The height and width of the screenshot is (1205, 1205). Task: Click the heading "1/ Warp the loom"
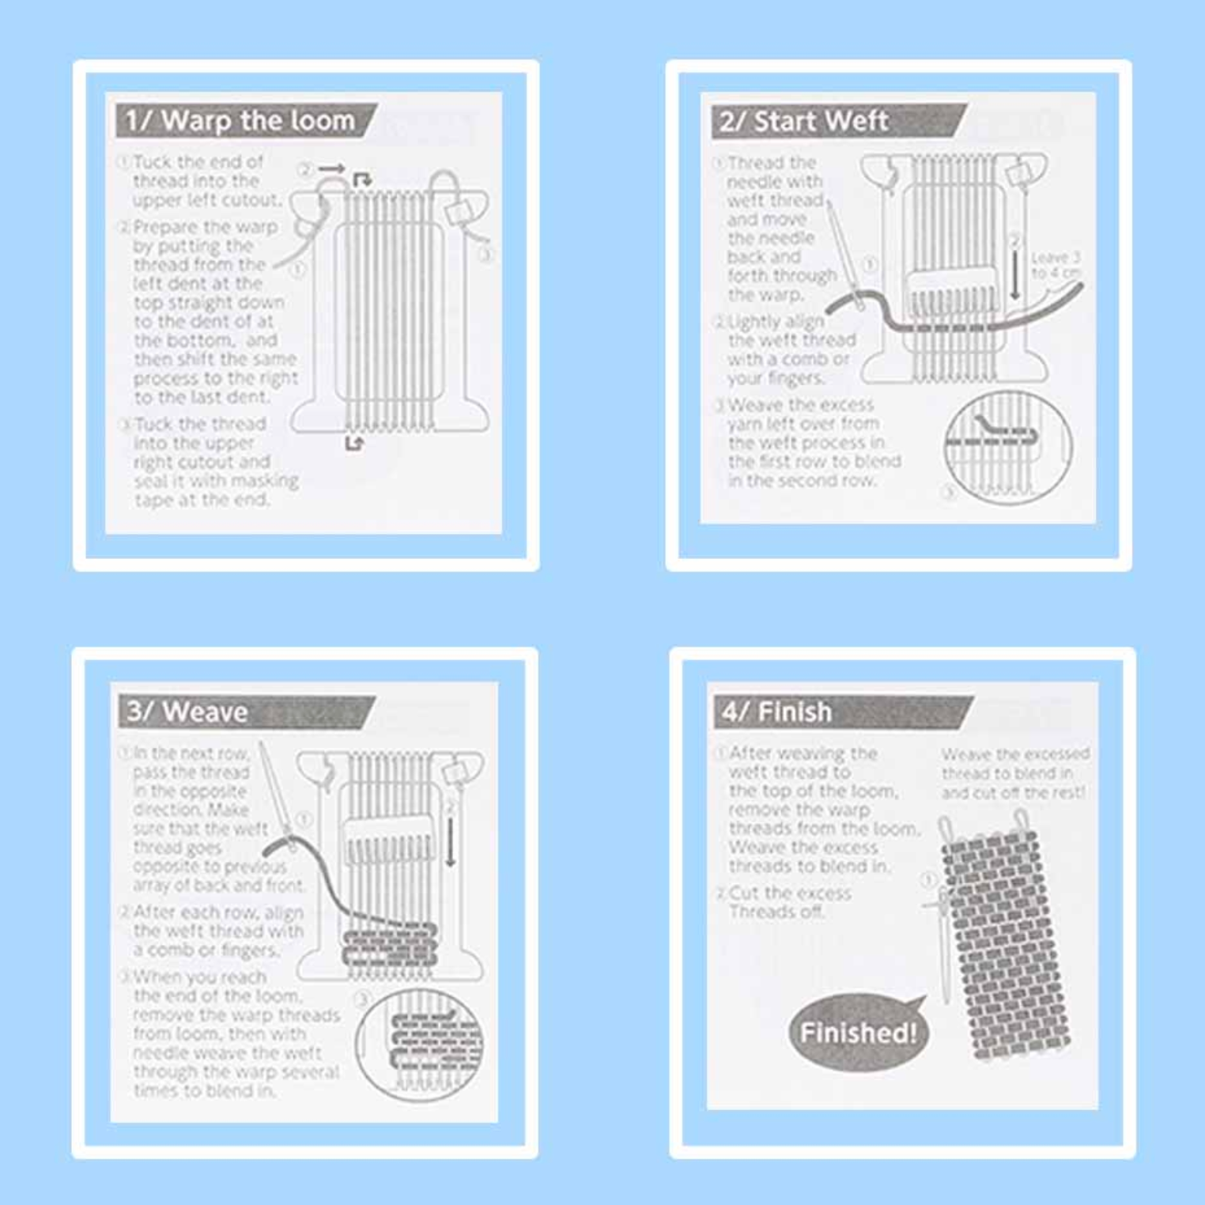[240, 121]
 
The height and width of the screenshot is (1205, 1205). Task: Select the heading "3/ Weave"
[187, 712]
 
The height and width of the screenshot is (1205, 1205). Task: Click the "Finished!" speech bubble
[858, 1032]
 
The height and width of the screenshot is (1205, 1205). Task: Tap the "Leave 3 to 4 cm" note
[1055, 265]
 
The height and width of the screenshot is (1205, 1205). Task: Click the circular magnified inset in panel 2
[1008, 448]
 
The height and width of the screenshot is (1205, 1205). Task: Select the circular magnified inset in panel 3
[419, 1044]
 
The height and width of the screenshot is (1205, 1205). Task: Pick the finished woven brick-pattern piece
[1004, 945]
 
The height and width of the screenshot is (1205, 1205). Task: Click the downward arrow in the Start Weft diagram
[1016, 273]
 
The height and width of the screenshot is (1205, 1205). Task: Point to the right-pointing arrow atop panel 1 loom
[332, 168]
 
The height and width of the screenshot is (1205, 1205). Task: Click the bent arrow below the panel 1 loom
[354, 444]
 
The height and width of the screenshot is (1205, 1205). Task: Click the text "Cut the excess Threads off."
[789, 902]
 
